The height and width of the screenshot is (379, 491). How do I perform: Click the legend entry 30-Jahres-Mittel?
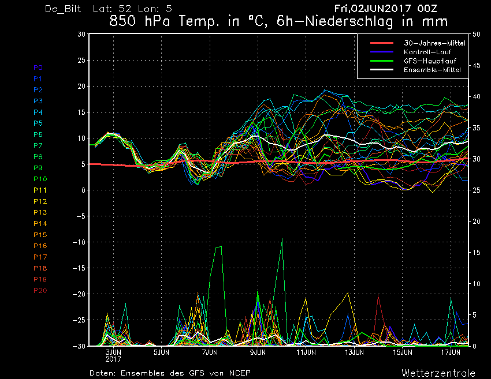(x=434, y=43)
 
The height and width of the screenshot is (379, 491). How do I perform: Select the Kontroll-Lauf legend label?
(x=427, y=52)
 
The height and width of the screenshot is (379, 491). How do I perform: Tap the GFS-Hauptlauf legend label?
(x=430, y=61)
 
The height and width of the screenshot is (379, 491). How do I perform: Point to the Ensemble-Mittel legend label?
(x=432, y=70)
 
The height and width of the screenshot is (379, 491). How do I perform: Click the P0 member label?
(x=38, y=67)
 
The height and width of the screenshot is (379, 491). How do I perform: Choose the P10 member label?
(x=40, y=179)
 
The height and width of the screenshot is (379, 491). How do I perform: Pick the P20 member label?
(x=40, y=291)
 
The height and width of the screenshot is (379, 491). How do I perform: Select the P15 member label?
(x=40, y=235)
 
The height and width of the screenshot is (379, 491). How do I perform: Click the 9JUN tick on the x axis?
(x=258, y=352)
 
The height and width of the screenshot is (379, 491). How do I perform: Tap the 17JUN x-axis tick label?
(x=451, y=352)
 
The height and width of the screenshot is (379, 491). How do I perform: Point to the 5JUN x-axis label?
(x=161, y=352)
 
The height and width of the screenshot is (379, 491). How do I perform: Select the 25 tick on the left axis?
(x=81, y=60)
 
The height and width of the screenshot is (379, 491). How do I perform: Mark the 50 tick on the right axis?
(x=477, y=34)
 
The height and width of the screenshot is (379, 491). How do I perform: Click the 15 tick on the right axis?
(x=477, y=252)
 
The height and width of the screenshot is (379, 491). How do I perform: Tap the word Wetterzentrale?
(x=438, y=373)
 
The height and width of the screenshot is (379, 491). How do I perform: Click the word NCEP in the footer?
(x=240, y=373)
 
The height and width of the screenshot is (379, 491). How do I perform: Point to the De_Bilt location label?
(x=63, y=9)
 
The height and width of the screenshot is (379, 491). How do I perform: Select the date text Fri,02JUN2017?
(x=373, y=9)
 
